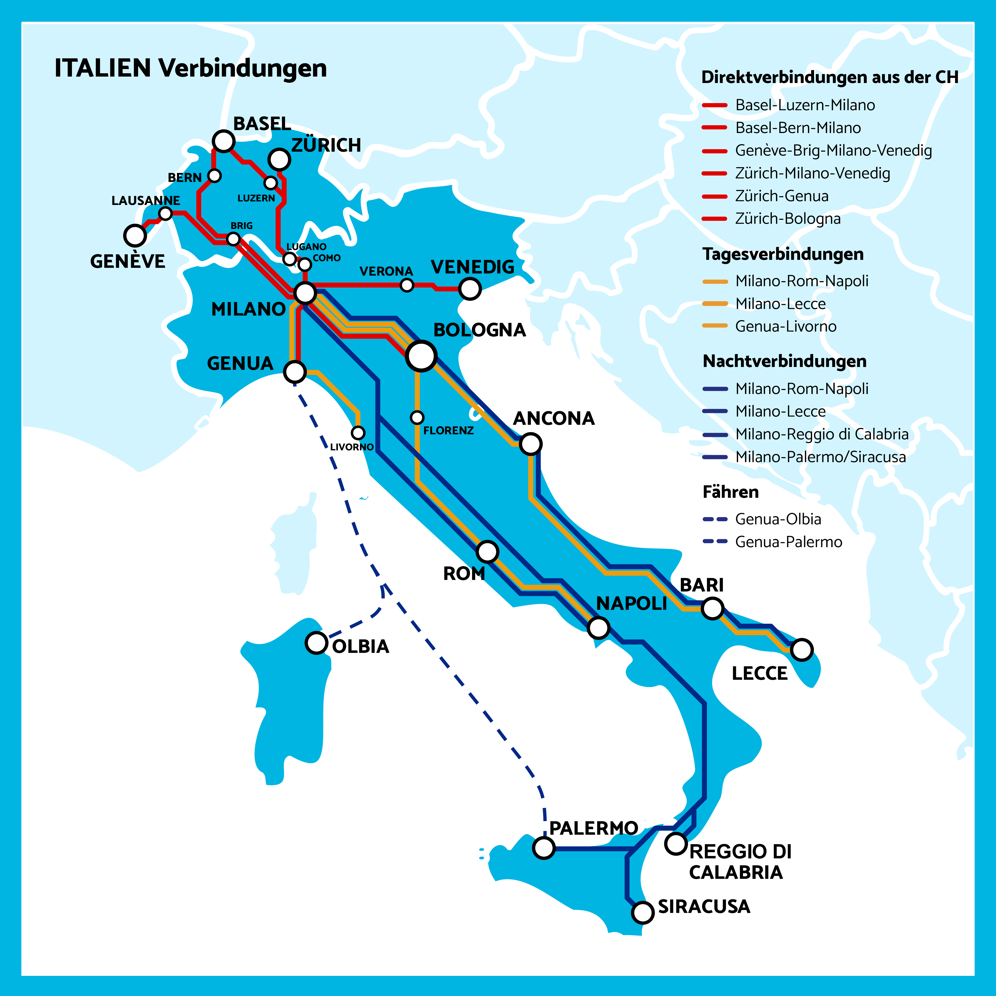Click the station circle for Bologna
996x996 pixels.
pos(421,356)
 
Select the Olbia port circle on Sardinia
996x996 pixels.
pos(317,643)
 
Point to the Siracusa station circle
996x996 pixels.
pos(643,912)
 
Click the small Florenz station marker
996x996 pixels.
pos(417,417)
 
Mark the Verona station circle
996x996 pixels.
pos(407,285)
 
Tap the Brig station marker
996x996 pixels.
pos(234,239)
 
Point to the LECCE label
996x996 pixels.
pos(759,673)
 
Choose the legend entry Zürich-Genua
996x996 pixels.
pos(782,196)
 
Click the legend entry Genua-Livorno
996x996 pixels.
pos(786,326)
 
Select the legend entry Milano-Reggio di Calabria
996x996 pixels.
pos(822,434)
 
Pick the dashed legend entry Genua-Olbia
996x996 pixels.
pos(778,519)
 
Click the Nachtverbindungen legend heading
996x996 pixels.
pos(784,361)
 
